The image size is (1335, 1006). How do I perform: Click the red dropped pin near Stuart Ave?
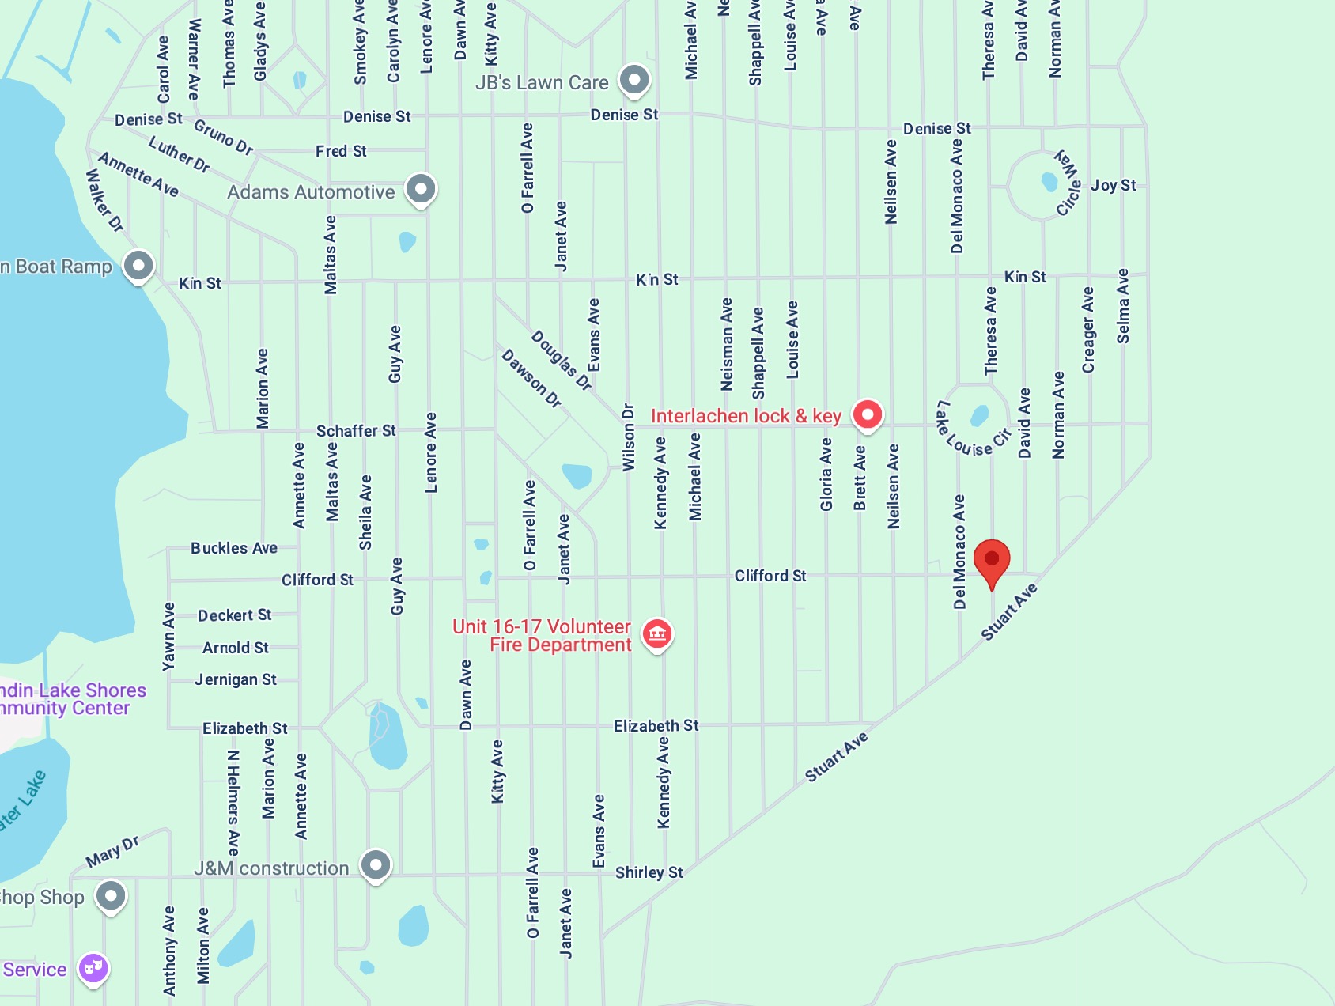point(991,561)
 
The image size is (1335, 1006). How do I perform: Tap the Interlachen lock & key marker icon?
point(868,414)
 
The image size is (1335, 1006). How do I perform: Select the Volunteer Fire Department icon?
point(657,633)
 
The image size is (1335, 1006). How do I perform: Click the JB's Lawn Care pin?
point(634,79)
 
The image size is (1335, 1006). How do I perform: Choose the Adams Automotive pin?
point(421,189)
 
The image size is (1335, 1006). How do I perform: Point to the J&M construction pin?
point(376,864)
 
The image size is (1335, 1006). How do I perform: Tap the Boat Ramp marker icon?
point(138,266)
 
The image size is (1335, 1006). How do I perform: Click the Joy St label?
point(1113,185)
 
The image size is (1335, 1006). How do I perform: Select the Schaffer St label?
point(356,431)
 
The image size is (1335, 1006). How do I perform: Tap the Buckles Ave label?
point(234,548)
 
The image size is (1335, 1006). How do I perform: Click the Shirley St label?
point(649,872)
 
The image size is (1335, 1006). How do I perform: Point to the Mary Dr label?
point(112,851)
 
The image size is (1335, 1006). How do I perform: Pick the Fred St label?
point(341,151)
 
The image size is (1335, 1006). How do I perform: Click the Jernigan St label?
point(236,679)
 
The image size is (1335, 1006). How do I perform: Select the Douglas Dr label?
point(561,360)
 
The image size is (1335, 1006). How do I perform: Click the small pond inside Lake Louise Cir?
point(980,414)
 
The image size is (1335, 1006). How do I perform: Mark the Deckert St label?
point(234,615)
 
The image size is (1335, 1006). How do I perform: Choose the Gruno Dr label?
point(224,138)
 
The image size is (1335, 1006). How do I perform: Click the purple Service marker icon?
point(93,968)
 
